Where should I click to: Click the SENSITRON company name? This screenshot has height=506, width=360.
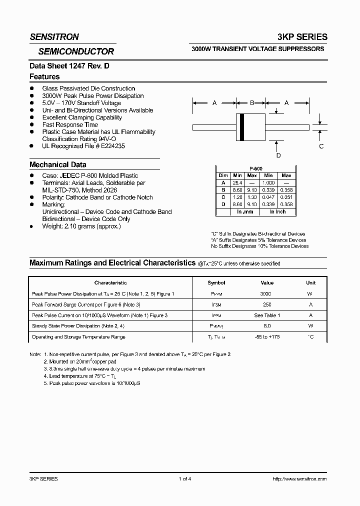pyautogui.click(x=54, y=37)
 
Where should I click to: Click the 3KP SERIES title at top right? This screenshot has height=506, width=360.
pyautogui.click(x=303, y=37)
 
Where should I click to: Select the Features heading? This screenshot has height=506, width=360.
pyautogui.click(x=44, y=76)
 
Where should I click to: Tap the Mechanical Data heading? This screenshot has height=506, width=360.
pyautogui.click(x=57, y=164)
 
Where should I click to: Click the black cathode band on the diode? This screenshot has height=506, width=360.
pyautogui.click(x=242, y=127)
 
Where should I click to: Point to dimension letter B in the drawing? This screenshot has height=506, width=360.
pyautogui.click(x=252, y=103)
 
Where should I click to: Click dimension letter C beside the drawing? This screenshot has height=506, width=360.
pyautogui.click(x=321, y=146)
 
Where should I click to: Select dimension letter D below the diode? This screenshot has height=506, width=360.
pyautogui.click(x=278, y=155)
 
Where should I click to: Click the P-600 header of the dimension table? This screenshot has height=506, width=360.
pyautogui.click(x=256, y=169)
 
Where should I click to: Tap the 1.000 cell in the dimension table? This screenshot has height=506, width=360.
pyautogui.click(x=268, y=183)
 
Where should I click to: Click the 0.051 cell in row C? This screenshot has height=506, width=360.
pyautogui.click(x=286, y=197)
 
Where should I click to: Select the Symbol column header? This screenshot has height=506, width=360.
pyautogui.click(x=216, y=282)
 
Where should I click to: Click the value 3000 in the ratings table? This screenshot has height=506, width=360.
pyautogui.click(x=266, y=294)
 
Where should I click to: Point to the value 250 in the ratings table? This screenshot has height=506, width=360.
pyautogui.click(x=266, y=304)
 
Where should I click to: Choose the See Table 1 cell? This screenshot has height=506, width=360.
pyautogui.click(x=266, y=315)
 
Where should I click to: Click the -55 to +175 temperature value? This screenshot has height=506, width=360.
pyautogui.click(x=266, y=337)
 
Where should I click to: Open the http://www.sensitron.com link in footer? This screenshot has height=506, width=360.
pyautogui.click(x=299, y=478)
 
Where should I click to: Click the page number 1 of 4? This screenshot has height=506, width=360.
pyautogui.click(x=184, y=478)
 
